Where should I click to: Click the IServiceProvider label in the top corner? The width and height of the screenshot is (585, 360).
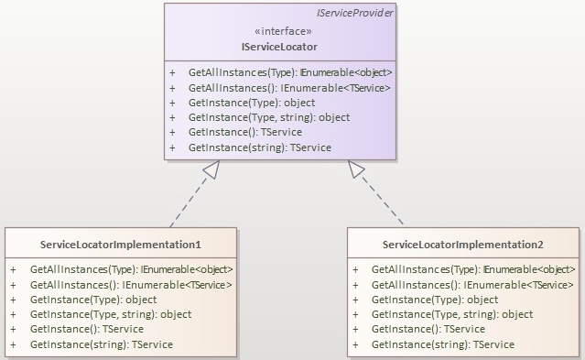coord(355,14)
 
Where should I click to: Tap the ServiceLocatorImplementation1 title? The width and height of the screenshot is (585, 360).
coord(121,245)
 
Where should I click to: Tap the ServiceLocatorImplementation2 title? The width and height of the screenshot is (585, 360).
coord(462,245)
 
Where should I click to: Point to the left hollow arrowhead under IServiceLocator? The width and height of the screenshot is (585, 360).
coord(211,169)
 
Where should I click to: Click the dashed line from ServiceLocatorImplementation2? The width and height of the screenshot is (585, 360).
coord(378,202)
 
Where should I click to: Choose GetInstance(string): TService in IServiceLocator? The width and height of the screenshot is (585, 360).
coord(260,147)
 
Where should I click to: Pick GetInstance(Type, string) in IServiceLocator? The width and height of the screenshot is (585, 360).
coord(269,117)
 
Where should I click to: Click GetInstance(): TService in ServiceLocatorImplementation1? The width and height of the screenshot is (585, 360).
coord(87,329)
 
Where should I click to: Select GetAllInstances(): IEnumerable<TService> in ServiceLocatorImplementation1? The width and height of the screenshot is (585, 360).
coord(131,285)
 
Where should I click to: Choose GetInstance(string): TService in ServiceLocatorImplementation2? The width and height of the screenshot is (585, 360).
coord(443,344)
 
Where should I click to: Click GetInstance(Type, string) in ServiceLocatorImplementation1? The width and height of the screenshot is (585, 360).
coord(111,314)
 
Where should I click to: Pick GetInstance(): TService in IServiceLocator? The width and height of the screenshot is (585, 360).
coord(245,132)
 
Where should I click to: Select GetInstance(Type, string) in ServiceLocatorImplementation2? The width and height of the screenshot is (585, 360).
coord(452,314)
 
